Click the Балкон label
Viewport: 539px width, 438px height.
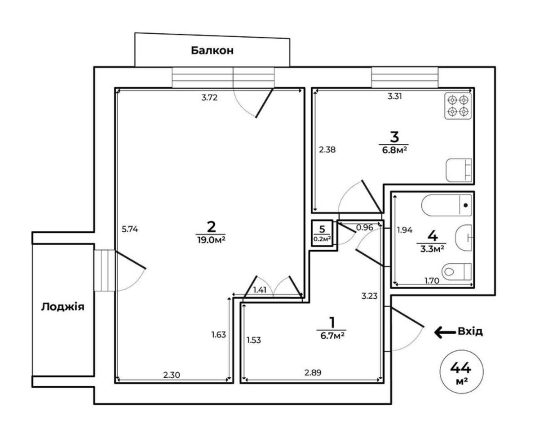[x=212, y=51]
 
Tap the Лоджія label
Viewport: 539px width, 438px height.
[x=62, y=307]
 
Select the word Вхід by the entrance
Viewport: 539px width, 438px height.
[x=470, y=331]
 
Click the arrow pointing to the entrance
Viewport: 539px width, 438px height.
[x=445, y=332]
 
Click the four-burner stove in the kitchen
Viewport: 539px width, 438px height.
[x=458, y=106]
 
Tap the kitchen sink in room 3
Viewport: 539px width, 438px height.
[x=459, y=170]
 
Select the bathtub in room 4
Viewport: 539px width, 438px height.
[x=446, y=205]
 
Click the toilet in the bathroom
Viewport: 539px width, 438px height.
[x=456, y=272]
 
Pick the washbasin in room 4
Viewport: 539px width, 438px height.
[x=464, y=238]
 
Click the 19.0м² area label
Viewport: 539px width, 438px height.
[x=211, y=239]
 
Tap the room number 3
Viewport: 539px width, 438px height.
[x=394, y=137]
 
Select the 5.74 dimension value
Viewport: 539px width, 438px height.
[x=130, y=229]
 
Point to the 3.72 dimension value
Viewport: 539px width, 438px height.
[x=209, y=97]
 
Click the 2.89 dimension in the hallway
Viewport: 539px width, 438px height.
[x=313, y=373]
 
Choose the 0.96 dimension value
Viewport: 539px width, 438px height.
[x=365, y=228]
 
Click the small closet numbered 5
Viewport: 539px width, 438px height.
[x=322, y=233]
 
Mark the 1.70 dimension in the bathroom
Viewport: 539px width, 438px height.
[x=432, y=281]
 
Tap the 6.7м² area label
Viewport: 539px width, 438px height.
[x=331, y=336]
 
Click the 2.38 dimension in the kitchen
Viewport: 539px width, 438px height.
[x=327, y=150]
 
